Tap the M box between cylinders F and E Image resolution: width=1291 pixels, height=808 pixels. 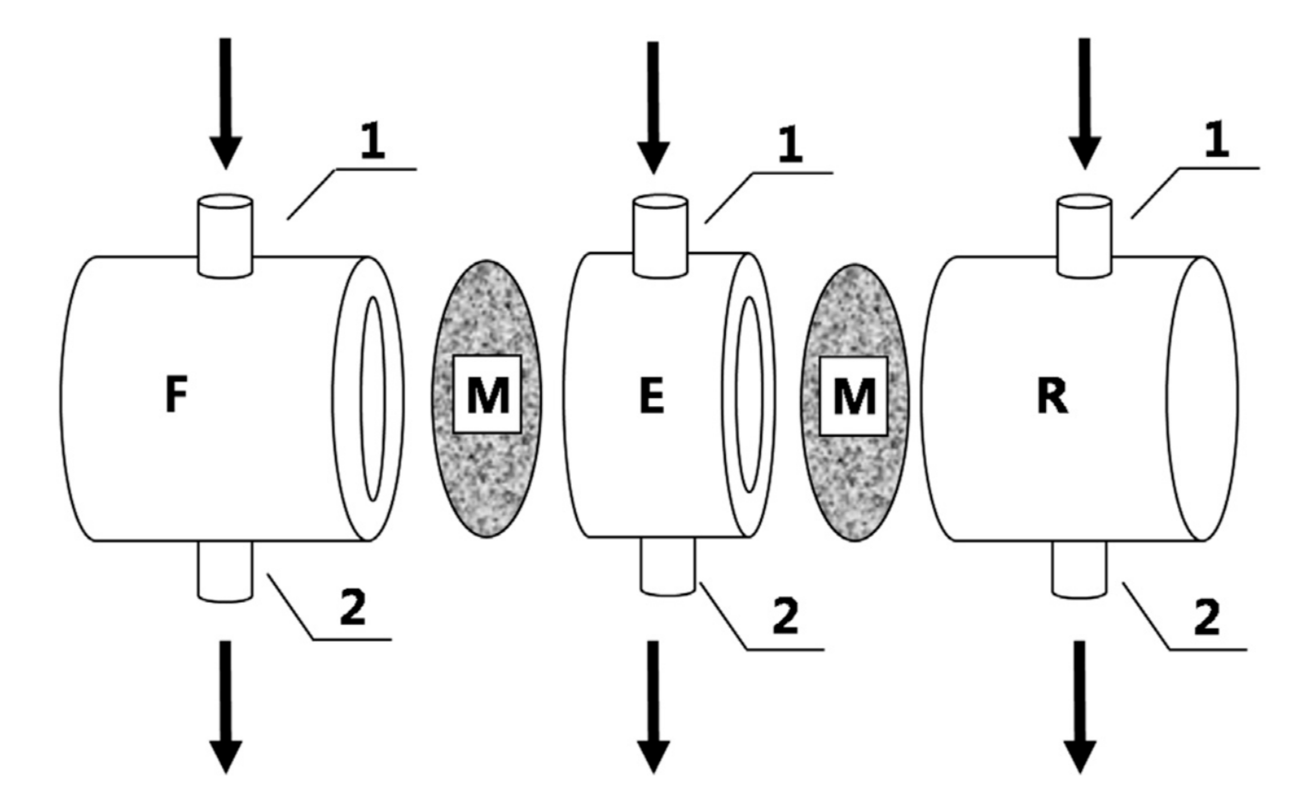(x=487, y=394)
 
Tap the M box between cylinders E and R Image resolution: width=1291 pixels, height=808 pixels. (x=854, y=396)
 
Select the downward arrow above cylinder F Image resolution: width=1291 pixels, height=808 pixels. (x=226, y=102)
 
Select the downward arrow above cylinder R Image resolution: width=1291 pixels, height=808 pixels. (x=1085, y=102)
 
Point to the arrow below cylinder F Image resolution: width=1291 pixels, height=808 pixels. (x=226, y=705)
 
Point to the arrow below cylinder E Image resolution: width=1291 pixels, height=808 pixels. (x=653, y=705)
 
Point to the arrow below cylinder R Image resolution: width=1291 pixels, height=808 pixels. (x=1080, y=705)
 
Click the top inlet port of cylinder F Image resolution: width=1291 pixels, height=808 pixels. (x=225, y=235)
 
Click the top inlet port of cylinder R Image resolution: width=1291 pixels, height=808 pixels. (x=1085, y=235)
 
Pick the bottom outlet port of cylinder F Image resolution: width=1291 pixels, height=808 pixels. (x=225, y=572)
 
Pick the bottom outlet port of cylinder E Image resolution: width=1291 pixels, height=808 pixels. (x=668, y=566)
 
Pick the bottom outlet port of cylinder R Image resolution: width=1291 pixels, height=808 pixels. (x=1079, y=569)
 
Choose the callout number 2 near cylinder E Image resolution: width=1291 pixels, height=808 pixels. (x=785, y=616)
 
